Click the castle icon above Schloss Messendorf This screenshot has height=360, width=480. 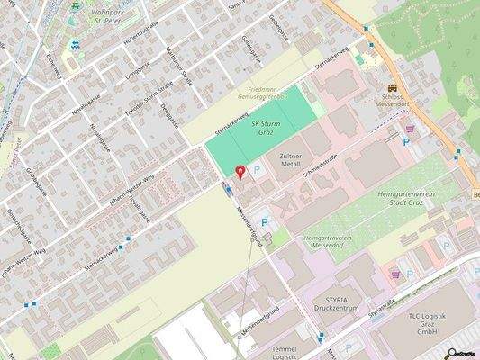click(x=392, y=88)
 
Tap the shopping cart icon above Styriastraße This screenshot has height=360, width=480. click(x=394, y=274)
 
